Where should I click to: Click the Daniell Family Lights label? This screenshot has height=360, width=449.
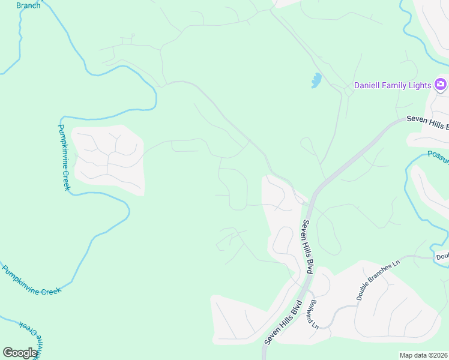pyautogui.click(x=393, y=85)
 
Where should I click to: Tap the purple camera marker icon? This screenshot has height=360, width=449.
pyautogui.click(x=441, y=85)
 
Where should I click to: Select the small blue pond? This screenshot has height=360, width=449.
pyautogui.click(x=316, y=80)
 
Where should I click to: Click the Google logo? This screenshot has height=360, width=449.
pyautogui.click(x=20, y=352)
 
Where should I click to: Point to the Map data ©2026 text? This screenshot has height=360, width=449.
pyautogui.click(x=424, y=355)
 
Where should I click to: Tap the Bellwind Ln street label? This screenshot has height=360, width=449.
pyautogui.click(x=315, y=313)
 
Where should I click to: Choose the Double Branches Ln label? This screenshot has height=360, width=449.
pyautogui.click(x=378, y=280)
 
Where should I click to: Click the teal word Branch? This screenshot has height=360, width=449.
pyautogui.click(x=28, y=5)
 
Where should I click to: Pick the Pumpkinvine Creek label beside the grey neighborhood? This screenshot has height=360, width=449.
pyautogui.click(x=64, y=157)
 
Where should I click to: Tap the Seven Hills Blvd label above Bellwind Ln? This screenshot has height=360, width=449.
pyautogui.click(x=308, y=246)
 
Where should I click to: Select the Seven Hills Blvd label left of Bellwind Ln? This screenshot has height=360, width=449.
pyautogui.click(x=282, y=322)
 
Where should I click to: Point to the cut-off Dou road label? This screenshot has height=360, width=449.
pyautogui.click(x=442, y=256)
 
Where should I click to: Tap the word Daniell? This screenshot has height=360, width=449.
pyautogui.click(x=366, y=85)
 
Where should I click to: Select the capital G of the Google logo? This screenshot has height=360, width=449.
pyautogui.click(x=8, y=352)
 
